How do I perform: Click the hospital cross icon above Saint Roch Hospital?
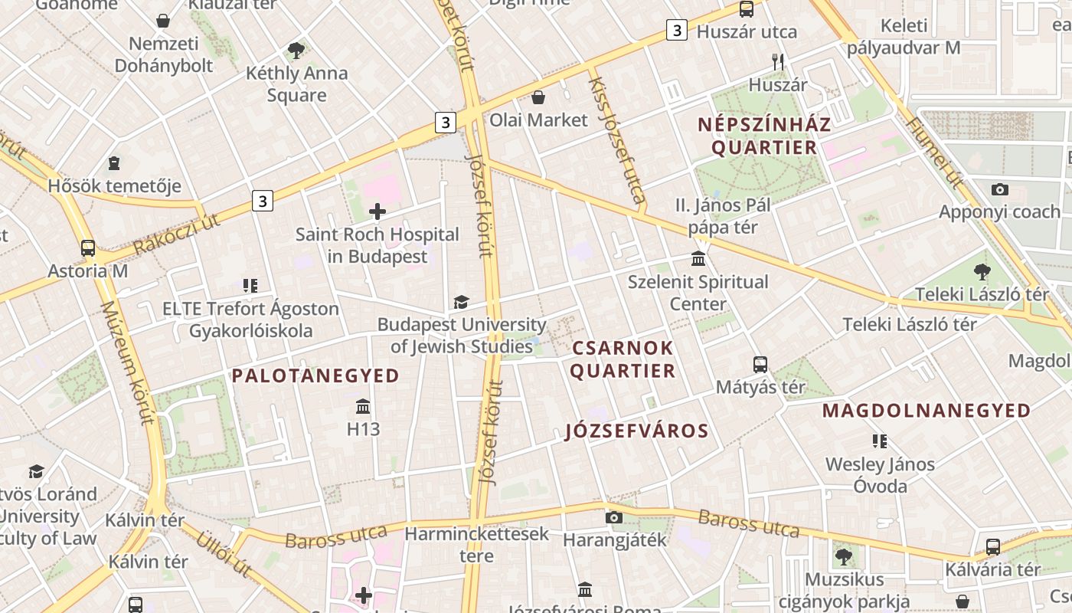[377, 211]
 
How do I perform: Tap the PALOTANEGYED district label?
[315, 375]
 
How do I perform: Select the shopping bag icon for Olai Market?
[538, 97]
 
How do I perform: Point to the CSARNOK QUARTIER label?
[623, 359]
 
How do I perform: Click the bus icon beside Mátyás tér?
[760, 365]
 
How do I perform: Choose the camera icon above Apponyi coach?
[999, 189]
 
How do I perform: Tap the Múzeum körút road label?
[127, 362]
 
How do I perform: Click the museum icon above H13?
[363, 406]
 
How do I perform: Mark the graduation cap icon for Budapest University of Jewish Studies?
[461, 303]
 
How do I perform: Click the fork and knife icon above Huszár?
[778, 62]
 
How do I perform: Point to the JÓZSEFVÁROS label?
[637, 431]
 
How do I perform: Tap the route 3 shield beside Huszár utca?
[676, 30]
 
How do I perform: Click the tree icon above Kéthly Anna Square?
[296, 51]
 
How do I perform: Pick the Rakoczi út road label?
[176, 234]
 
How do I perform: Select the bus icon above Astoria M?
[88, 248]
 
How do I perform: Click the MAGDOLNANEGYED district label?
[927, 411]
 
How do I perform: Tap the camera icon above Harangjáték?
[614, 517]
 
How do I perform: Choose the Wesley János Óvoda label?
[880, 475]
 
